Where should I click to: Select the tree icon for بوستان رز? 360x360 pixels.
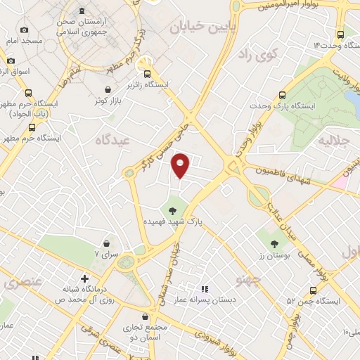tap(274, 243)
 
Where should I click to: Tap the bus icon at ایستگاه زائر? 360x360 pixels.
tap(147, 73)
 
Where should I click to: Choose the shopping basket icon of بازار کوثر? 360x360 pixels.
tap(107, 89)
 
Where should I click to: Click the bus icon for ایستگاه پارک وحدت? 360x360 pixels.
tap(283, 94)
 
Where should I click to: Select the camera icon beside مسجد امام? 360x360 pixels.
tap(25, 30)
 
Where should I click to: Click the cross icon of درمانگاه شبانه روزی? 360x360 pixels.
tap(84, 278)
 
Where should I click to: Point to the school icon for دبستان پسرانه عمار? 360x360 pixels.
tap(205, 288)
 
